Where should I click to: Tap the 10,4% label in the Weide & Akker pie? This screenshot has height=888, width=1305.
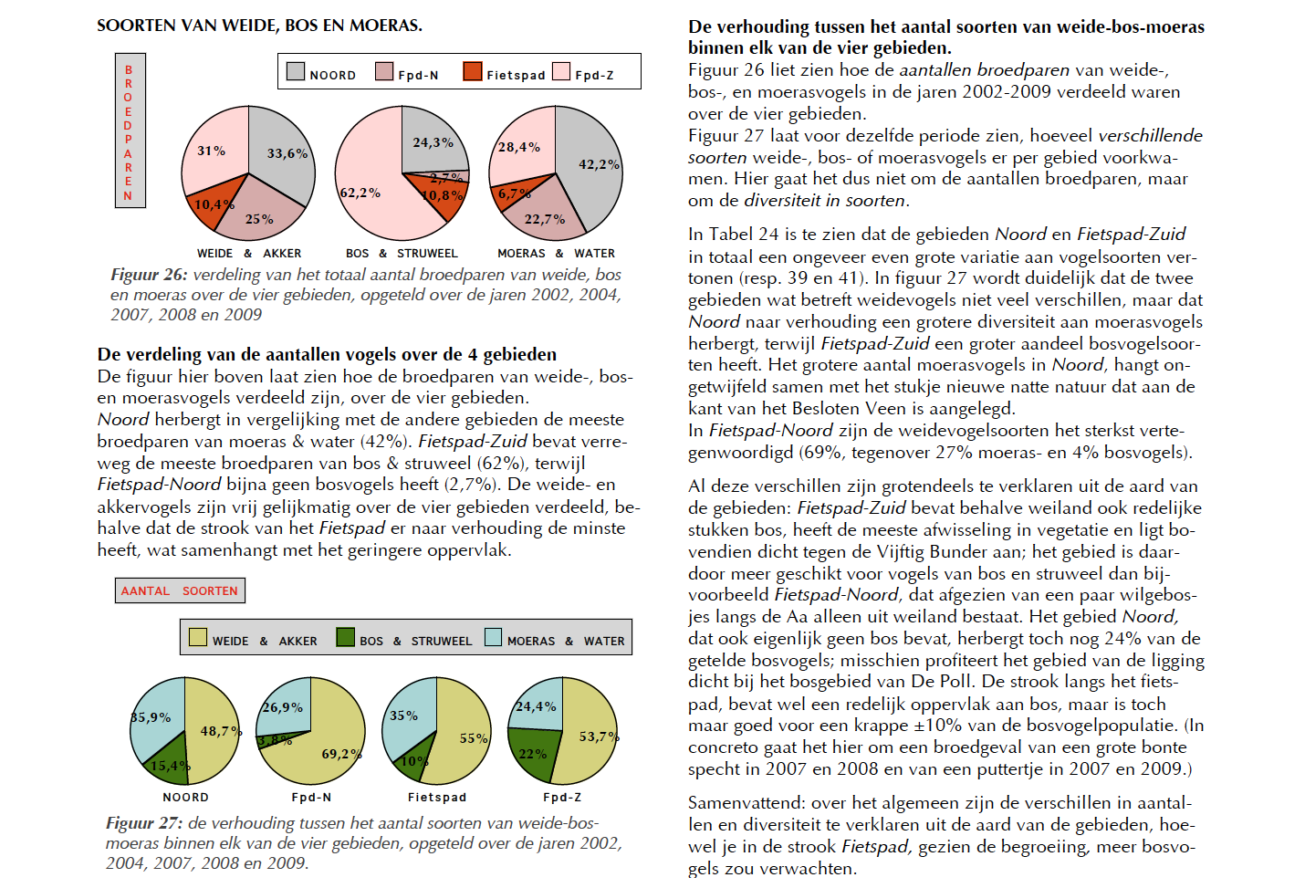point(214,204)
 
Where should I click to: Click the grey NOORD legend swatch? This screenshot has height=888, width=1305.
point(296,71)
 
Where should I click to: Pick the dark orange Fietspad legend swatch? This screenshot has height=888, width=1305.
point(473,71)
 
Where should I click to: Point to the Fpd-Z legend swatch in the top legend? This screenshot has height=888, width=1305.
point(561,71)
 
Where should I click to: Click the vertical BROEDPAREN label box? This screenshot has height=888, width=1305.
point(130,131)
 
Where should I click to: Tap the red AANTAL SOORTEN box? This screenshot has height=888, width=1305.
point(180,590)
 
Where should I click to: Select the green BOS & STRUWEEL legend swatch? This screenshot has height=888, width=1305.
point(346,637)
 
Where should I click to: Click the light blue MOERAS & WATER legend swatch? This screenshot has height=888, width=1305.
point(493,637)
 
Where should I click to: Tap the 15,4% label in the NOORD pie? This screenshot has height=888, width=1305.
point(170,765)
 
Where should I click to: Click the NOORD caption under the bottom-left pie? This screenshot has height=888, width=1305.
point(185,797)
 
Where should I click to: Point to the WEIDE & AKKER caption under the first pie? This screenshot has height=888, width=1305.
point(249,254)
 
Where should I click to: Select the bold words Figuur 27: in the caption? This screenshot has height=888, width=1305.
point(144,822)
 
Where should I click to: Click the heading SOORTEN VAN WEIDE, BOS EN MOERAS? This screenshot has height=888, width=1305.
point(259,26)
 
